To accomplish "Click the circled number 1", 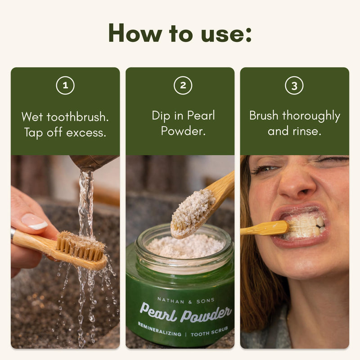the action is [x=65, y=85].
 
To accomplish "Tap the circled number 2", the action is [x=183, y=85].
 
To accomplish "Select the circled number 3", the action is [x=294, y=85].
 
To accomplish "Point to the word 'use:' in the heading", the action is [x=226, y=35].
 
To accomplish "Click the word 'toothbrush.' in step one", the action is [x=77, y=117].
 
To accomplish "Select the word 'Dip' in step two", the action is [x=161, y=116].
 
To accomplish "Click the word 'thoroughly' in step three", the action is [x=311, y=116].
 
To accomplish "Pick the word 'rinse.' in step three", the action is [x=306, y=131].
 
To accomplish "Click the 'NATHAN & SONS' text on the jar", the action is [x=186, y=301].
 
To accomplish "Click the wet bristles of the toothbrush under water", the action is [x=81, y=246].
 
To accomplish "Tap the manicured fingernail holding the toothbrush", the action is [x=35, y=221].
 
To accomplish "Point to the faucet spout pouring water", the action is [x=94, y=162].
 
